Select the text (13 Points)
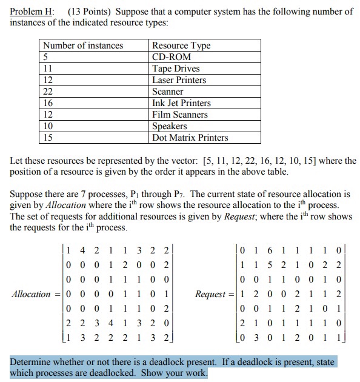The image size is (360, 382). pyautogui.click(x=91, y=12)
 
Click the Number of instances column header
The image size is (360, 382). pyautogui.click(x=82, y=45)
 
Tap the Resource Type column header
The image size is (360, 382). pyautogui.click(x=181, y=45)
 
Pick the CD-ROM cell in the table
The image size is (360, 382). pyautogui.click(x=172, y=57)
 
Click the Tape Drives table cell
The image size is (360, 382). pyautogui.click(x=176, y=69)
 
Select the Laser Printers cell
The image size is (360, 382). pyautogui.click(x=179, y=80)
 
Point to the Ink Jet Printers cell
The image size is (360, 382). pyautogui.click(x=181, y=103)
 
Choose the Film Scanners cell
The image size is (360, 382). pyautogui.click(x=179, y=115)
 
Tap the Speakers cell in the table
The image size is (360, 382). pyautogui.click(x=169, y=126)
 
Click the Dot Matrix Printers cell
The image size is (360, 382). pyautogui.click(x=190, y=138)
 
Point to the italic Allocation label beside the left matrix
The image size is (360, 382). pyautogui.click(x=32, y=294)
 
